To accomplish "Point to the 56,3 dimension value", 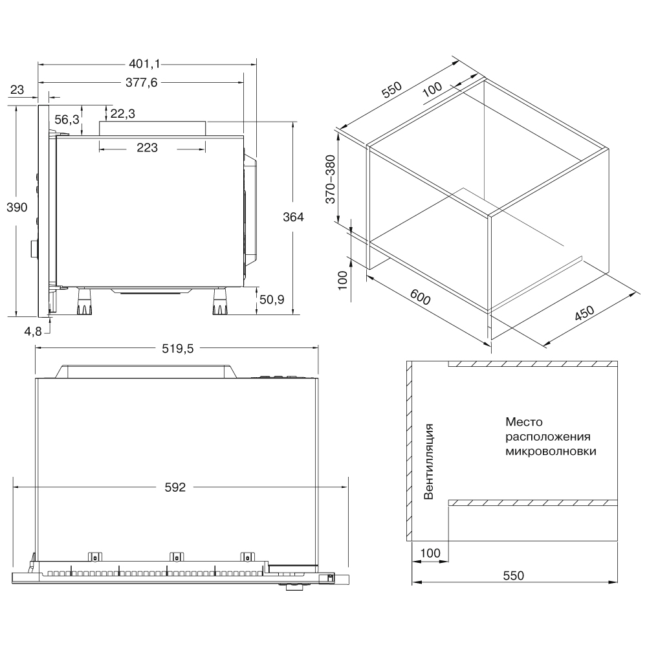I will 67,119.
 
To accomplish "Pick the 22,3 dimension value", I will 122,114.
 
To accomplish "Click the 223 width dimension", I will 148,148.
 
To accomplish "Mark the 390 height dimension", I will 16,207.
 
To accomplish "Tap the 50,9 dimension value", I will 272,300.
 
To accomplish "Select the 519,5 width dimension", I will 177,349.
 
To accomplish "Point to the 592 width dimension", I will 175,487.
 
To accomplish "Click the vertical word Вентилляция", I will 428,461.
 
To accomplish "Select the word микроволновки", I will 551,451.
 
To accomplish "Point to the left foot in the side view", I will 83,303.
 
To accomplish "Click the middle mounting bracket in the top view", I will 175,556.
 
